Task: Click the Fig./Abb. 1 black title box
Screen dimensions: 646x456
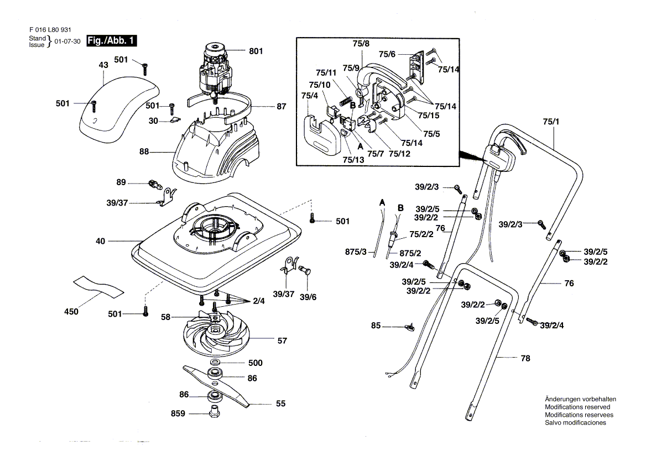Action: (x=111, y=41)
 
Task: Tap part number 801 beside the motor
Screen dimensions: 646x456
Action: (x=256, y=51)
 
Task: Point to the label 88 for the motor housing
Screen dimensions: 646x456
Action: (x=144, y=151)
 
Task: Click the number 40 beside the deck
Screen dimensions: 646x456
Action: (x=100, y=241)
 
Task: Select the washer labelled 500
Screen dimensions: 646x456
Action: (x=215, y=363)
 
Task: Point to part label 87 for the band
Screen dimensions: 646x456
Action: (x=282, y=107)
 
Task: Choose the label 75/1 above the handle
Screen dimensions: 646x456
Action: (x=551, y=122)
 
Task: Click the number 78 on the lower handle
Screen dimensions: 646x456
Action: (x=525, y=359)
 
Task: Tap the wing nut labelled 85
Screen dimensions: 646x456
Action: (x=410, y=328)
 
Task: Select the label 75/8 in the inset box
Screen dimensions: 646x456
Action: (x=361, y=44)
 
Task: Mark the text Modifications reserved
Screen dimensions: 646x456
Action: (x=577, y=407)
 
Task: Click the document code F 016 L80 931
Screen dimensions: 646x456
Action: (x=50, y=30)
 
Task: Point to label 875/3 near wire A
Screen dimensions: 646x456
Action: (x=356, y=252)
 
